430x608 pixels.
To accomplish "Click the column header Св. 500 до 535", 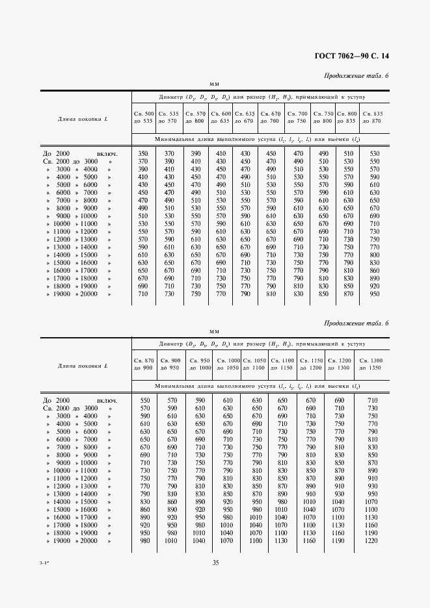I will [144, 117].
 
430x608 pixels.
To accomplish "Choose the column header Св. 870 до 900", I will [144, 364].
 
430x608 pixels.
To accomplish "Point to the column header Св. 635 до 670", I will [245, 117].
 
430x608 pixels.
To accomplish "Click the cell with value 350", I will [144, 153].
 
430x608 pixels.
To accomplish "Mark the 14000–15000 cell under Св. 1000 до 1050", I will [227, 501].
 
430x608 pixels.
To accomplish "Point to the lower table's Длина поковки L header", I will [83, 366].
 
